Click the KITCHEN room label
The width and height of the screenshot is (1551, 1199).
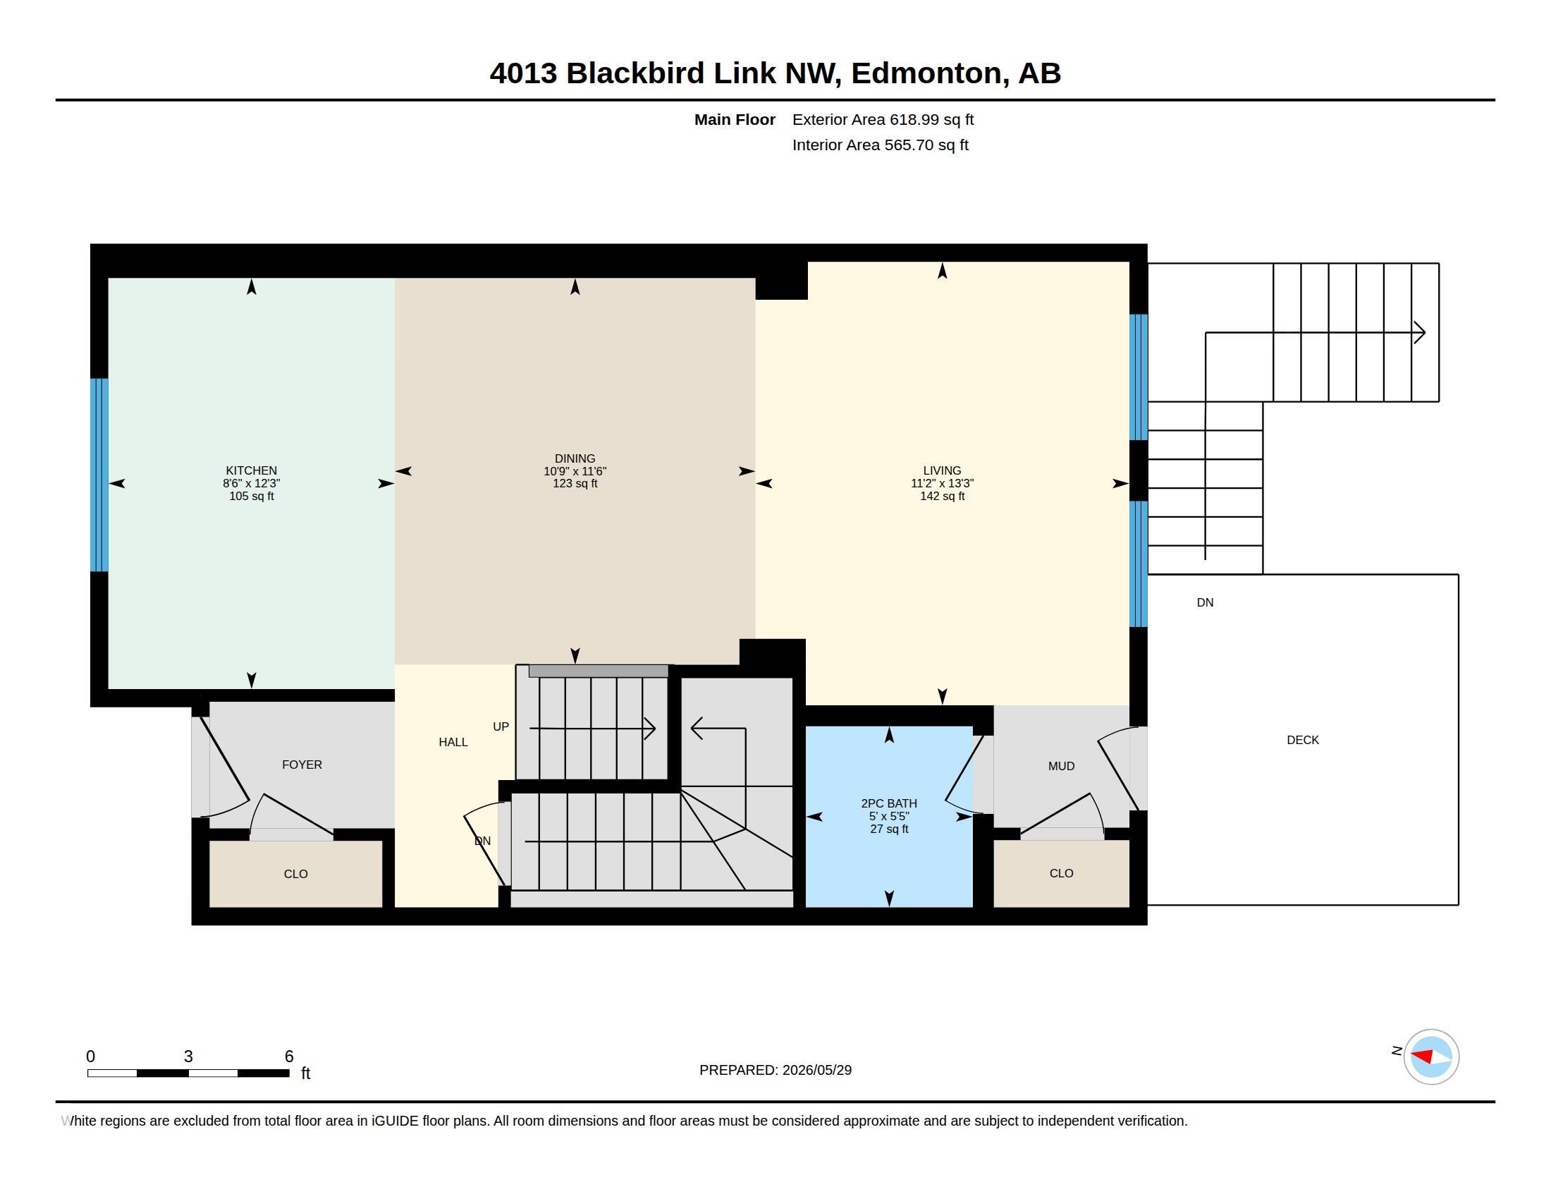252,470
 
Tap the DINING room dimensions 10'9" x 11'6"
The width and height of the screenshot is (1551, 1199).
575,471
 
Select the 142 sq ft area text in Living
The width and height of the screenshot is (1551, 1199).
943,496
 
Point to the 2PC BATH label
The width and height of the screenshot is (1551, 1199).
889,803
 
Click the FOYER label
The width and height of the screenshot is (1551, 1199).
302,765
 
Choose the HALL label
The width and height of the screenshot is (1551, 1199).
453,742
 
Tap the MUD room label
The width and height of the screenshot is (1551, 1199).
1061,766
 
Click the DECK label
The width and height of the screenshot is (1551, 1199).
1302,739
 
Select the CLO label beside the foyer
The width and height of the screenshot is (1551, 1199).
295,874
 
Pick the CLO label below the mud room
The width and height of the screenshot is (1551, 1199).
1061,873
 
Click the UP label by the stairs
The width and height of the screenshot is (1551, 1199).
501,726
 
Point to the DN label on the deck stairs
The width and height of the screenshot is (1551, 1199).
1205,602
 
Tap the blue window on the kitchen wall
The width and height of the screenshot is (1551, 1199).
99,475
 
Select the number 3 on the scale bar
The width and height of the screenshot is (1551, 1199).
188,1057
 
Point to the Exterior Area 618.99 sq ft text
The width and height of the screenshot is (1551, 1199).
883,119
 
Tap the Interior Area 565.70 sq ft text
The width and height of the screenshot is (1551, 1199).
880,145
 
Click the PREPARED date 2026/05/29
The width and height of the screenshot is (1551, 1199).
816,1070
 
